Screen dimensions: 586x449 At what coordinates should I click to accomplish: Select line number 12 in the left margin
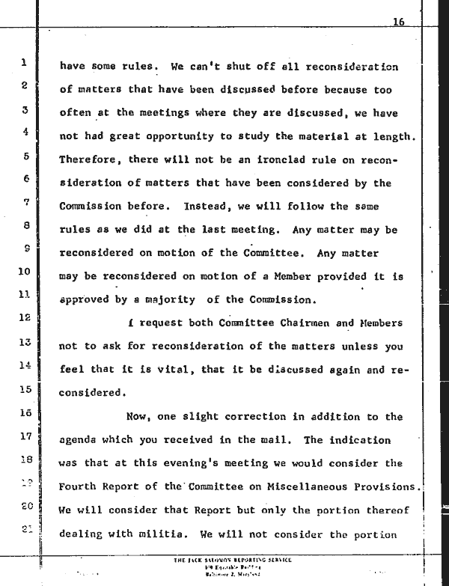click(24, 317)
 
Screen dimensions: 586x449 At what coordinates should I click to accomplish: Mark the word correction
click(254, 417)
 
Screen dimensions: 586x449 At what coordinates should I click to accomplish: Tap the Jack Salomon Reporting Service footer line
click(233, 561)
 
